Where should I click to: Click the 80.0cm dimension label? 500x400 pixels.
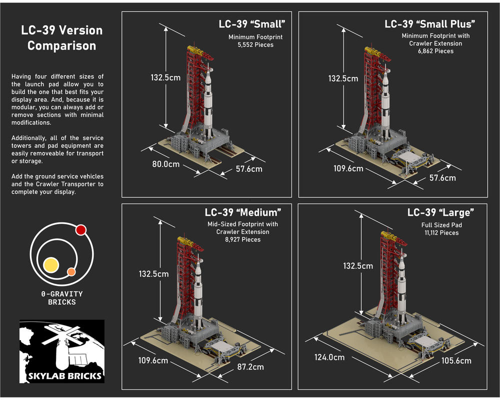tap(167, 163)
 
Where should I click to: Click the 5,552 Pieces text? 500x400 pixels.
tap(256, 44)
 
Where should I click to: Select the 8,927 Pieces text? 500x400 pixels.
tap(242, 239)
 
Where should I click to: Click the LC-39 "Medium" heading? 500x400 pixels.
tap(243, 212)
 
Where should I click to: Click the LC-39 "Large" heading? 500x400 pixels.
tap(440, 212)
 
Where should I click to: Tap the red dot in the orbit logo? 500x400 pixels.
tap(81, 230)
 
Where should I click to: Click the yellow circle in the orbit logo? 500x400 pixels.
tap(51, 265)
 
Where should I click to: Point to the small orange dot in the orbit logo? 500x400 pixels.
tap(71, 272)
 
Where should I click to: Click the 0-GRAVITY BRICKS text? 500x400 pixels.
tap(62, 298)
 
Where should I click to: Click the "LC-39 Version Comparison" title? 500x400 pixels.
tap(61, 37)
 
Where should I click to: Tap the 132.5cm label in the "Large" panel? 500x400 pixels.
tap(358, 265)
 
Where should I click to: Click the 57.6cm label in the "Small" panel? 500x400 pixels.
tap(249, 169)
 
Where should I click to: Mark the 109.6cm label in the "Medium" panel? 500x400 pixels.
tap(153, 360)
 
